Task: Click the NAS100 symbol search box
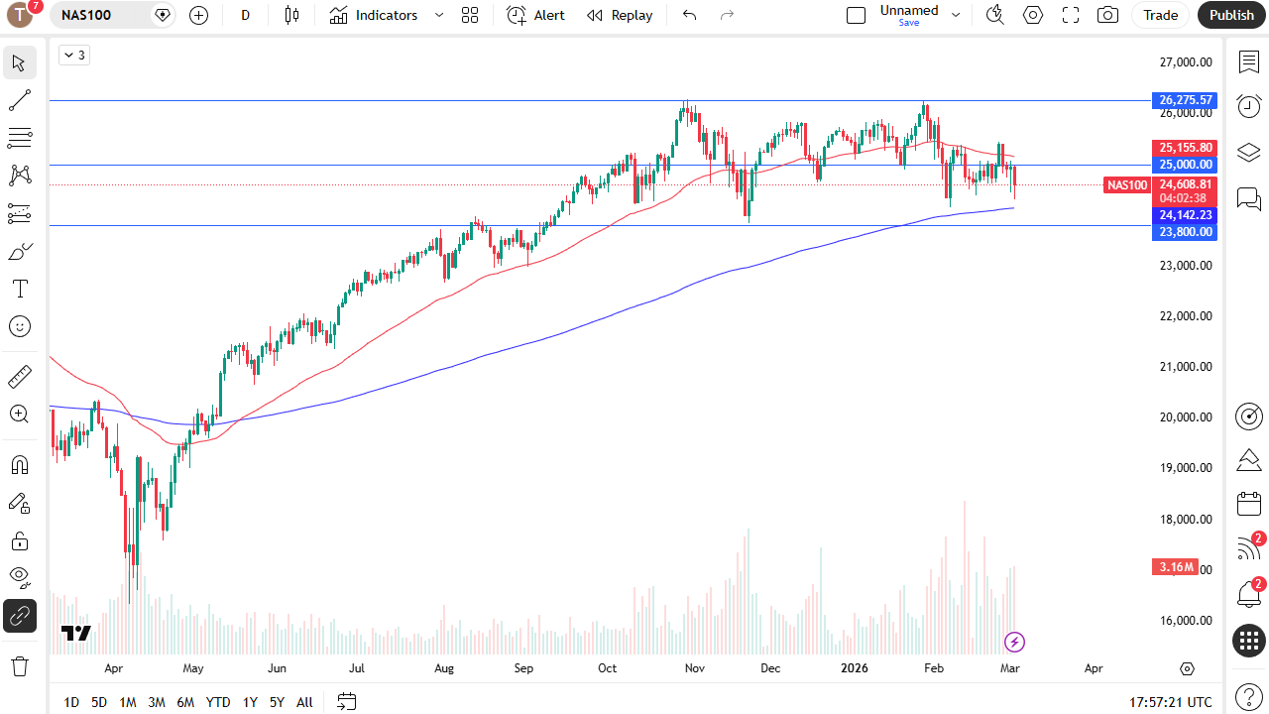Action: coord(99,15)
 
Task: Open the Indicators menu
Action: coord(375,15)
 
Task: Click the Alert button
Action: coord(536,15)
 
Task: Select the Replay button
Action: coord(620,15)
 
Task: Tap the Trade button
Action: coord(1160,15)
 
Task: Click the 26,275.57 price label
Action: coord(1185,100)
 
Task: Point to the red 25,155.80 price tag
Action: coord(1185,148)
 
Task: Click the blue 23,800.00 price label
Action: coord(1185,232)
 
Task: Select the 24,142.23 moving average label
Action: coord(1185,215)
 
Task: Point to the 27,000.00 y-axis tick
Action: coord(1186,62)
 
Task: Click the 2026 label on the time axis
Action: coord(854,668)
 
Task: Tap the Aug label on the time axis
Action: coord(444,668)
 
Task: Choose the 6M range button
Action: coord(185,702)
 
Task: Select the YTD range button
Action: coord(218,702)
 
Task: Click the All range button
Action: coord(304,702)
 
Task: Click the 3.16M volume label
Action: coord(1176,567)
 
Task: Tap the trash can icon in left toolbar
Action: coord(20,665)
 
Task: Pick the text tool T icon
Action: coord(20,289)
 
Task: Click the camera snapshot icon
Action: coord(1107,15)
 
